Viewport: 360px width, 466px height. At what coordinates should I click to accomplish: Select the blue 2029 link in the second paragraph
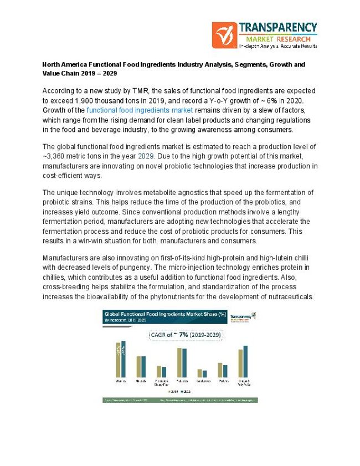coord(146,156)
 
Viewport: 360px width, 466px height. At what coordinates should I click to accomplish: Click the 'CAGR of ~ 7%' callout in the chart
coord(178,335)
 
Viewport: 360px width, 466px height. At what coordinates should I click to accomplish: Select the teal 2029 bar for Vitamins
coord(124,359)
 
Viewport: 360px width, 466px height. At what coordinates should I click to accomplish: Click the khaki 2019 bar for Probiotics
coord(179,362)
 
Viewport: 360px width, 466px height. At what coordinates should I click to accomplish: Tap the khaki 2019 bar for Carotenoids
coord(200,373)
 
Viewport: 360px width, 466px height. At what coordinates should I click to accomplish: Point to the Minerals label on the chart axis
coord(141,381)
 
